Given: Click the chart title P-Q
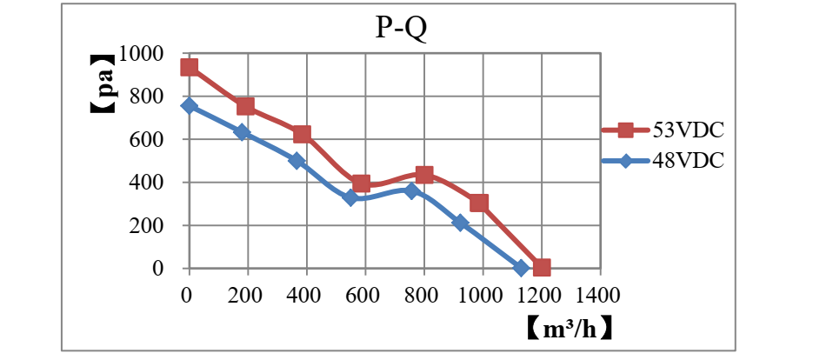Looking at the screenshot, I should coord(402,28).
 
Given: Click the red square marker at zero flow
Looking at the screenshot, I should coord(189,68).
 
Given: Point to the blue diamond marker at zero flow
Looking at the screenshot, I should coord(189,106).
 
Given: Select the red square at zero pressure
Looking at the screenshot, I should coord(542,268).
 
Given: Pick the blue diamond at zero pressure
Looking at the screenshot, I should coord(521,268).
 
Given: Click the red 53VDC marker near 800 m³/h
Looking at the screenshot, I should coord(424,175).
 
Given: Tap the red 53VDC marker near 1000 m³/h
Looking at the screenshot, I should coord(479,203).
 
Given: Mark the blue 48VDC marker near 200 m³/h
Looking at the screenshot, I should coord(243,132).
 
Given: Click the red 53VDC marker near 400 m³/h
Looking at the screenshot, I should coord(302,134).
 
